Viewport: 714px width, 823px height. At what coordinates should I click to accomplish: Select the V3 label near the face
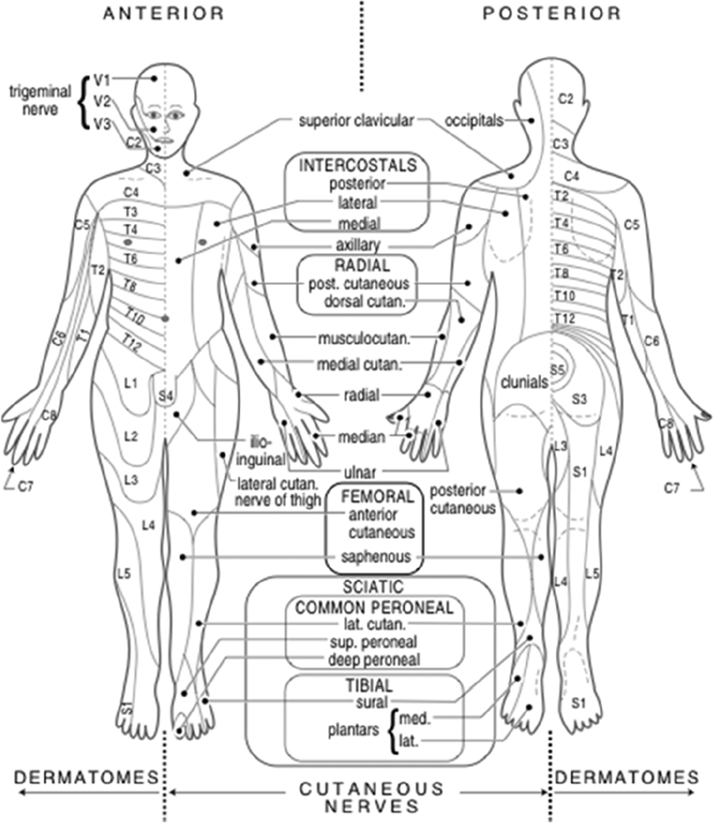click(x=103, y=124)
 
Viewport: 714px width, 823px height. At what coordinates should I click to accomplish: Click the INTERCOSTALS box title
click(x=358, y=166)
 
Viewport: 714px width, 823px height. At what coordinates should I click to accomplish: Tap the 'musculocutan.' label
click(x=358, y=338)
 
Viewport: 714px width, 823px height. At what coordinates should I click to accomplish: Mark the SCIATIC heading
click(x=372, y=587)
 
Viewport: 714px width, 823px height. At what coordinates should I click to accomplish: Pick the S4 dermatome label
click(x=167, y=395)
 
